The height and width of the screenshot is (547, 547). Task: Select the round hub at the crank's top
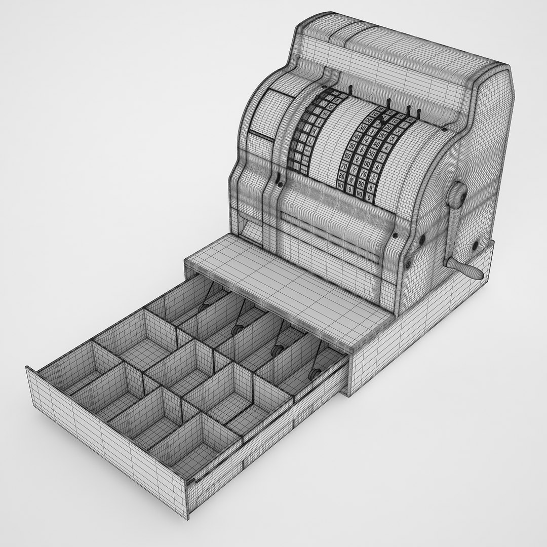(459, 194)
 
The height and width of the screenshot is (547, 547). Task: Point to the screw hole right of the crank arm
(476, 245)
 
